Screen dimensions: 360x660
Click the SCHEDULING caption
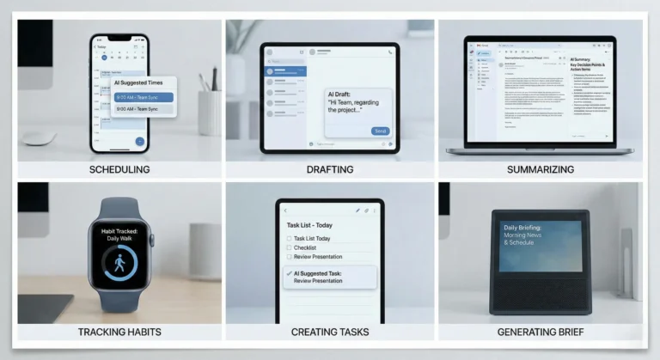click(x=119, y=169)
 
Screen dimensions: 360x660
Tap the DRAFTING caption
click(x=330, y=169)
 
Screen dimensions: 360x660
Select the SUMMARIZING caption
click(x=541, y=169)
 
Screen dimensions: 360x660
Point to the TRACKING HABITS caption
click(x=119, y=332)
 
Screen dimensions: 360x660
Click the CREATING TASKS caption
click(x=330, y=332)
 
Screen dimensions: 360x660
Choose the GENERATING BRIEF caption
click(x=541, y=332)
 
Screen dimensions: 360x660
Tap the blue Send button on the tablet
click(x=380, y=131)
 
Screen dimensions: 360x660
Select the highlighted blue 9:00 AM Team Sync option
click(x=144, y=97)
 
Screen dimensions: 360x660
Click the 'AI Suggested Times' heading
click(x=143, y=83)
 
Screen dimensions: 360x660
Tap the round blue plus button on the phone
click(x=139, y=141)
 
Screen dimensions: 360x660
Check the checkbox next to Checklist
click(x=289, y=247)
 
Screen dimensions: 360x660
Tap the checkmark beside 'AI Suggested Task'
click(x=288, y=273)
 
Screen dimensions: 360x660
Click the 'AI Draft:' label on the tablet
click(x=342, y=93)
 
